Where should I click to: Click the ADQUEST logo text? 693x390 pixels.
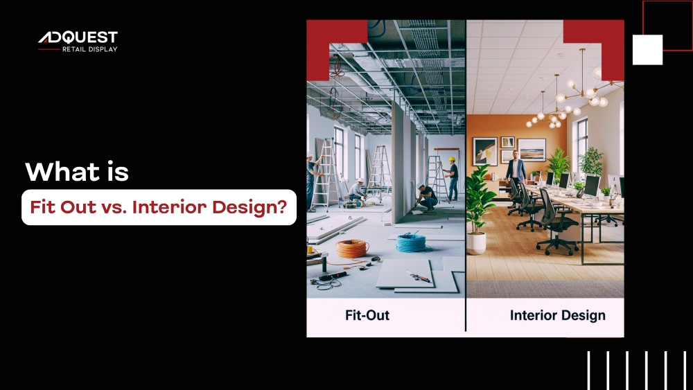[78, 37]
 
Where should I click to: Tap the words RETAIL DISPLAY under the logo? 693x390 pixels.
[89, 49]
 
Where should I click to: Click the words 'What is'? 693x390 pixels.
[77, 172]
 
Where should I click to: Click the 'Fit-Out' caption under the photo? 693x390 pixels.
[367, 315]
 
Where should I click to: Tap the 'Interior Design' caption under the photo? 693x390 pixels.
[558, 315]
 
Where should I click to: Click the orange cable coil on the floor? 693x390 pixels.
[352, 249]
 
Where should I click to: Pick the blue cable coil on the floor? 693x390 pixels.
[411, 242]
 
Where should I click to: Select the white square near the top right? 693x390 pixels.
[647, 50]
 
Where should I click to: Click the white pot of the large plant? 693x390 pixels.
[476, 243]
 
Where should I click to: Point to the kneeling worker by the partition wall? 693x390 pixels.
[426, 197]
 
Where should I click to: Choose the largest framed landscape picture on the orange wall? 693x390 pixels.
[532, 150]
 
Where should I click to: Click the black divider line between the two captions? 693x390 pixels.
[466, 315]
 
